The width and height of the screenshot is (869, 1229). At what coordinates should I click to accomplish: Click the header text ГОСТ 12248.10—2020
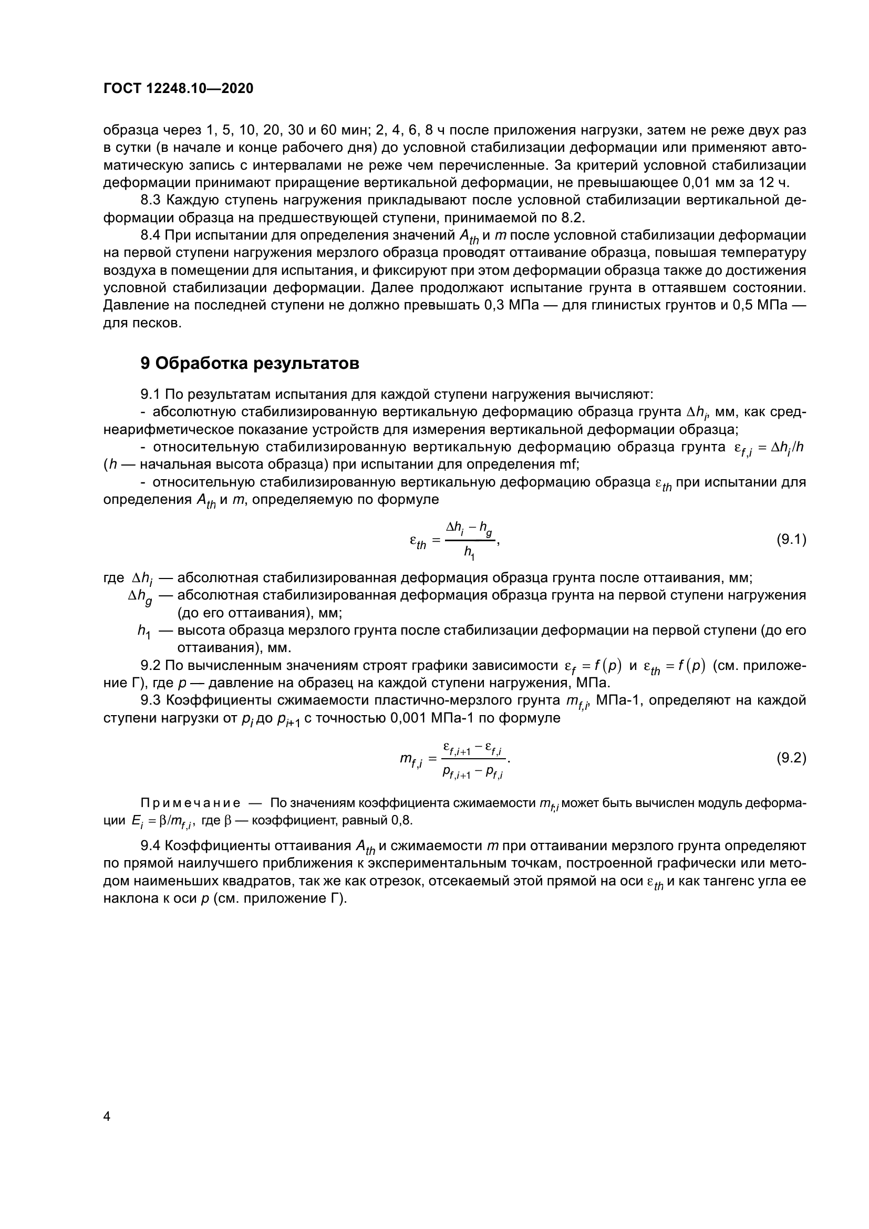pyautogui.click(x=178, y=89)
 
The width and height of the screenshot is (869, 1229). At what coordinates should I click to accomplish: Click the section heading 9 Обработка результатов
pyautogui.click(x=250, y=364)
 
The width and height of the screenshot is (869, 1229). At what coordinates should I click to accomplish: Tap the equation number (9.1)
pyautogui.click(x=791, y=540)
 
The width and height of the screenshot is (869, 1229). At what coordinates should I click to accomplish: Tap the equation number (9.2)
pyautogui.click(x=791, y=758)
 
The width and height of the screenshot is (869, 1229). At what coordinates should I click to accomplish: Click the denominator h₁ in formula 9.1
pyautogui.click(x=469, y=552)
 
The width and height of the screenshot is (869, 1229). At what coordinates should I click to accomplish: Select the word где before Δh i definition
pyautogui.click(x=113, y=578)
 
